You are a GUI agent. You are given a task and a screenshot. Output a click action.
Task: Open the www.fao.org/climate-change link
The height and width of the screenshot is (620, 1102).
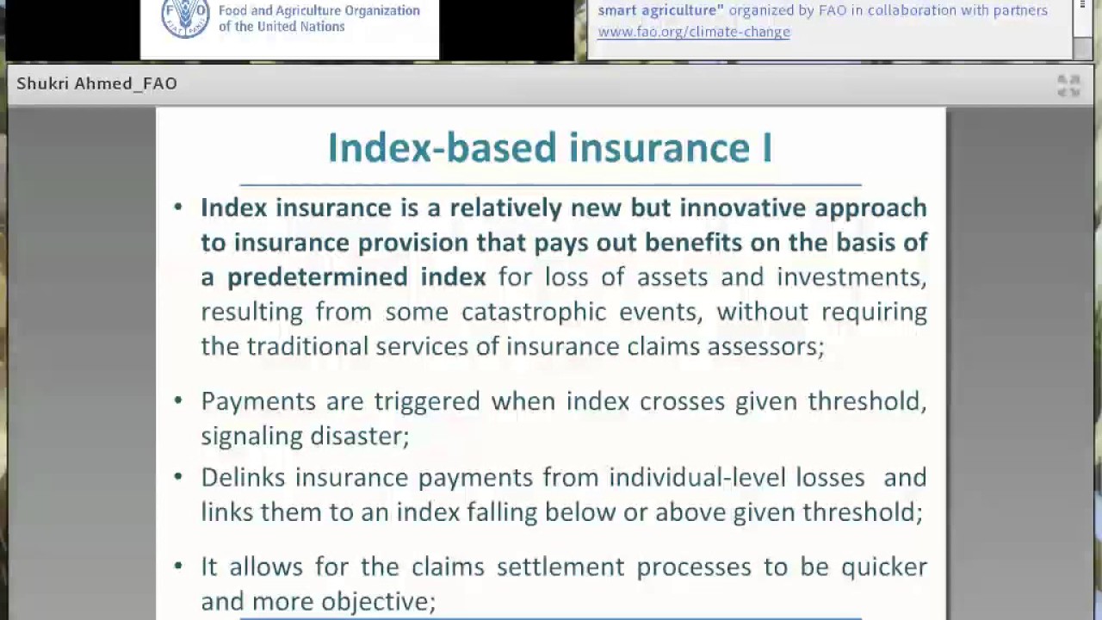pyautogui.click(x=693, y=32)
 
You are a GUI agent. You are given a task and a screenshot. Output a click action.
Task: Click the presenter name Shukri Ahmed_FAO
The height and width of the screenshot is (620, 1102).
pyautogui.click(x=96, y=84)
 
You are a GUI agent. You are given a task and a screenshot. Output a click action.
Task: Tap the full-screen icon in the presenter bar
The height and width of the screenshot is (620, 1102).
pyautogui.click(x=1068, y=85)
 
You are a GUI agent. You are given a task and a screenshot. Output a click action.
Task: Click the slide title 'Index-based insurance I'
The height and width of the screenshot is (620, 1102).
pyautogui.click(x=549, y=148)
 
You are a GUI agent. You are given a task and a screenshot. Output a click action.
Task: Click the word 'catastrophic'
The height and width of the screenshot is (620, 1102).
pyautogui.click(x=534, y=312)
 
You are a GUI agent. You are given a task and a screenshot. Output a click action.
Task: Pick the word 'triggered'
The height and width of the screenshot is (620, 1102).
pyautogui.click(x=426, y=401)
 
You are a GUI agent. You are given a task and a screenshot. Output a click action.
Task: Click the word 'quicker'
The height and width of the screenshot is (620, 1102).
pyautogui.click(x=884, y=567)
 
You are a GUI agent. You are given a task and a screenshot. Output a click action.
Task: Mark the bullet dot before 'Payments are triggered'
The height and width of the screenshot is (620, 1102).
pyautogui.click(x=178, y=400)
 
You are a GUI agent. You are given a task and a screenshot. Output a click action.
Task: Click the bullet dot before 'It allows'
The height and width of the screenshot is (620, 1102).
pyautogui.click(x=178, y=566)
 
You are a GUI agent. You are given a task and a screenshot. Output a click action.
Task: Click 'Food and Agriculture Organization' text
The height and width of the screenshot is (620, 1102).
pyautogui.click(x=319, y=11)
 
